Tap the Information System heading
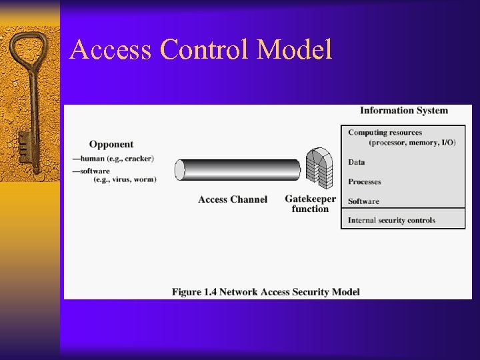404,111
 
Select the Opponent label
111,144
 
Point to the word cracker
139,159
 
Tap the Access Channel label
233,199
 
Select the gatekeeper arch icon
319,167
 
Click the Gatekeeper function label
310,204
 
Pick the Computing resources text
385,133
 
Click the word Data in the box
357,162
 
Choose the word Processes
365,181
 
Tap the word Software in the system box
363,201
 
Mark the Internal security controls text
391,220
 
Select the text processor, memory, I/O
412,143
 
